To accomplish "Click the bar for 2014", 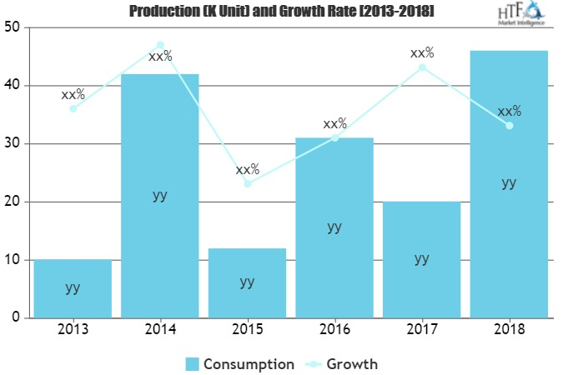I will (160, 196).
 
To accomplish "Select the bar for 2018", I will (509, 184).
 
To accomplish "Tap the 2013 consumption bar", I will (73, 288).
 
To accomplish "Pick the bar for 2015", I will (247, 282).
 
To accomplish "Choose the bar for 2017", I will (421, 259).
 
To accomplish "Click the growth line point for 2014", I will (160, 45).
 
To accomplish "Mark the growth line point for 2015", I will (247, 183).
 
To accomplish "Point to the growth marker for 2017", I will (421, 67).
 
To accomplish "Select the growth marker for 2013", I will (73, 108).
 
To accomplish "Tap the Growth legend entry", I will (342, 364).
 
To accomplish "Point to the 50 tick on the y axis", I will (13, 27).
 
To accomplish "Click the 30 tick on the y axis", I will (13, 143).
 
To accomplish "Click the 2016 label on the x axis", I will (334, 330).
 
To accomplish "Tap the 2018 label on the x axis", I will (509, 330).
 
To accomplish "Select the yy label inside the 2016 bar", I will (334, 226).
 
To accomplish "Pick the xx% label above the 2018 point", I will (509, 112).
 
